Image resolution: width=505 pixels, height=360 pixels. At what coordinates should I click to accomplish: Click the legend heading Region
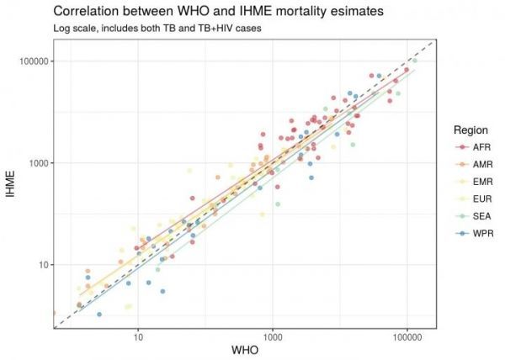pos(469,130)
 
